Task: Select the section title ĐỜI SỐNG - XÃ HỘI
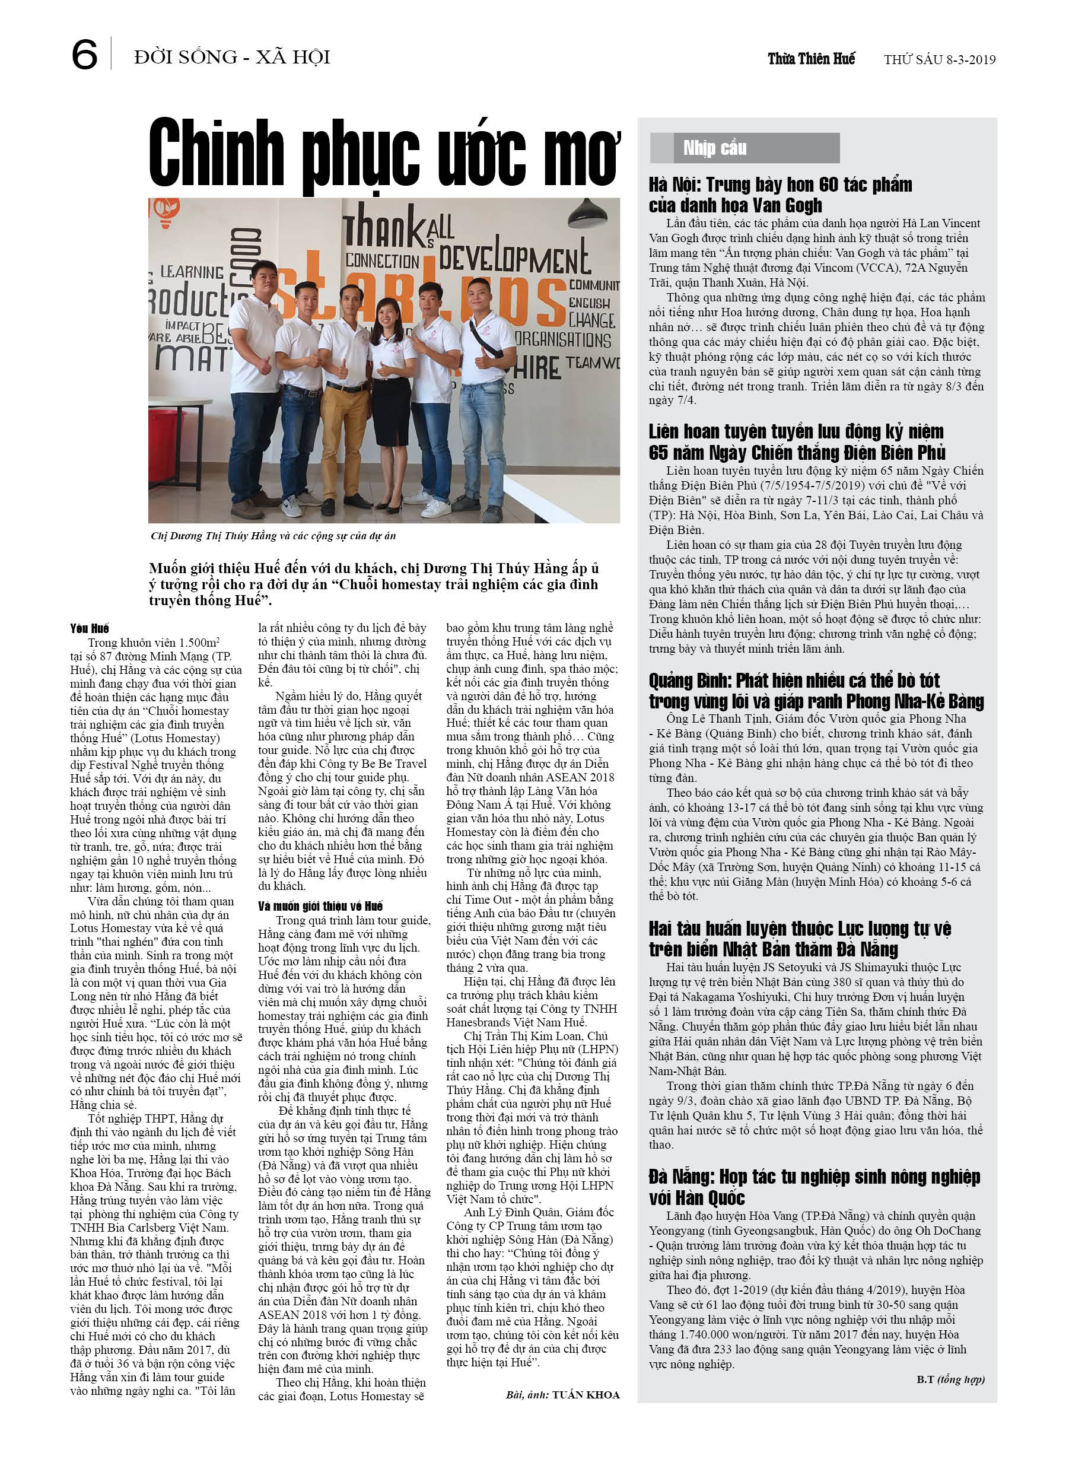coord(232,57)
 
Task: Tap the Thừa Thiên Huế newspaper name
coord(811,59)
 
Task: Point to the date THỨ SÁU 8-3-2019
coord(939,60)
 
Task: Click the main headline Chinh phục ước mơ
coord(383,154)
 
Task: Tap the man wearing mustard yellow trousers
coord(345,389)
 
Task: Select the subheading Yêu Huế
coord(90,628)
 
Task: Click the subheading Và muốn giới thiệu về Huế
coord(320,906)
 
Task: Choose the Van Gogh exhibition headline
coord(780,195)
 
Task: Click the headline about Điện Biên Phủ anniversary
coord(796,441)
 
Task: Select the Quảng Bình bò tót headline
coord(816,691)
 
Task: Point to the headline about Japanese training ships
coord(800,939)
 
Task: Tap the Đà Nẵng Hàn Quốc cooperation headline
coord(814,1187)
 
